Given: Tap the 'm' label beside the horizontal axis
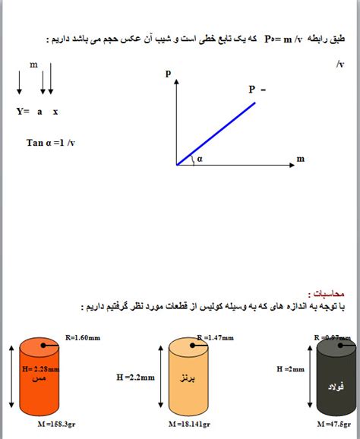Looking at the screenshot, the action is pyautogui.click(x=300, y=158).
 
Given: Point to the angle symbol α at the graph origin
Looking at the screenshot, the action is pyautogui.click(x=199, y=159).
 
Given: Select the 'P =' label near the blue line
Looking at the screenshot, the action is pyautogui.click(x=257, y=89).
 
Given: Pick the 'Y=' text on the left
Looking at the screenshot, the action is pyautogui.click(x=23, y=111).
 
